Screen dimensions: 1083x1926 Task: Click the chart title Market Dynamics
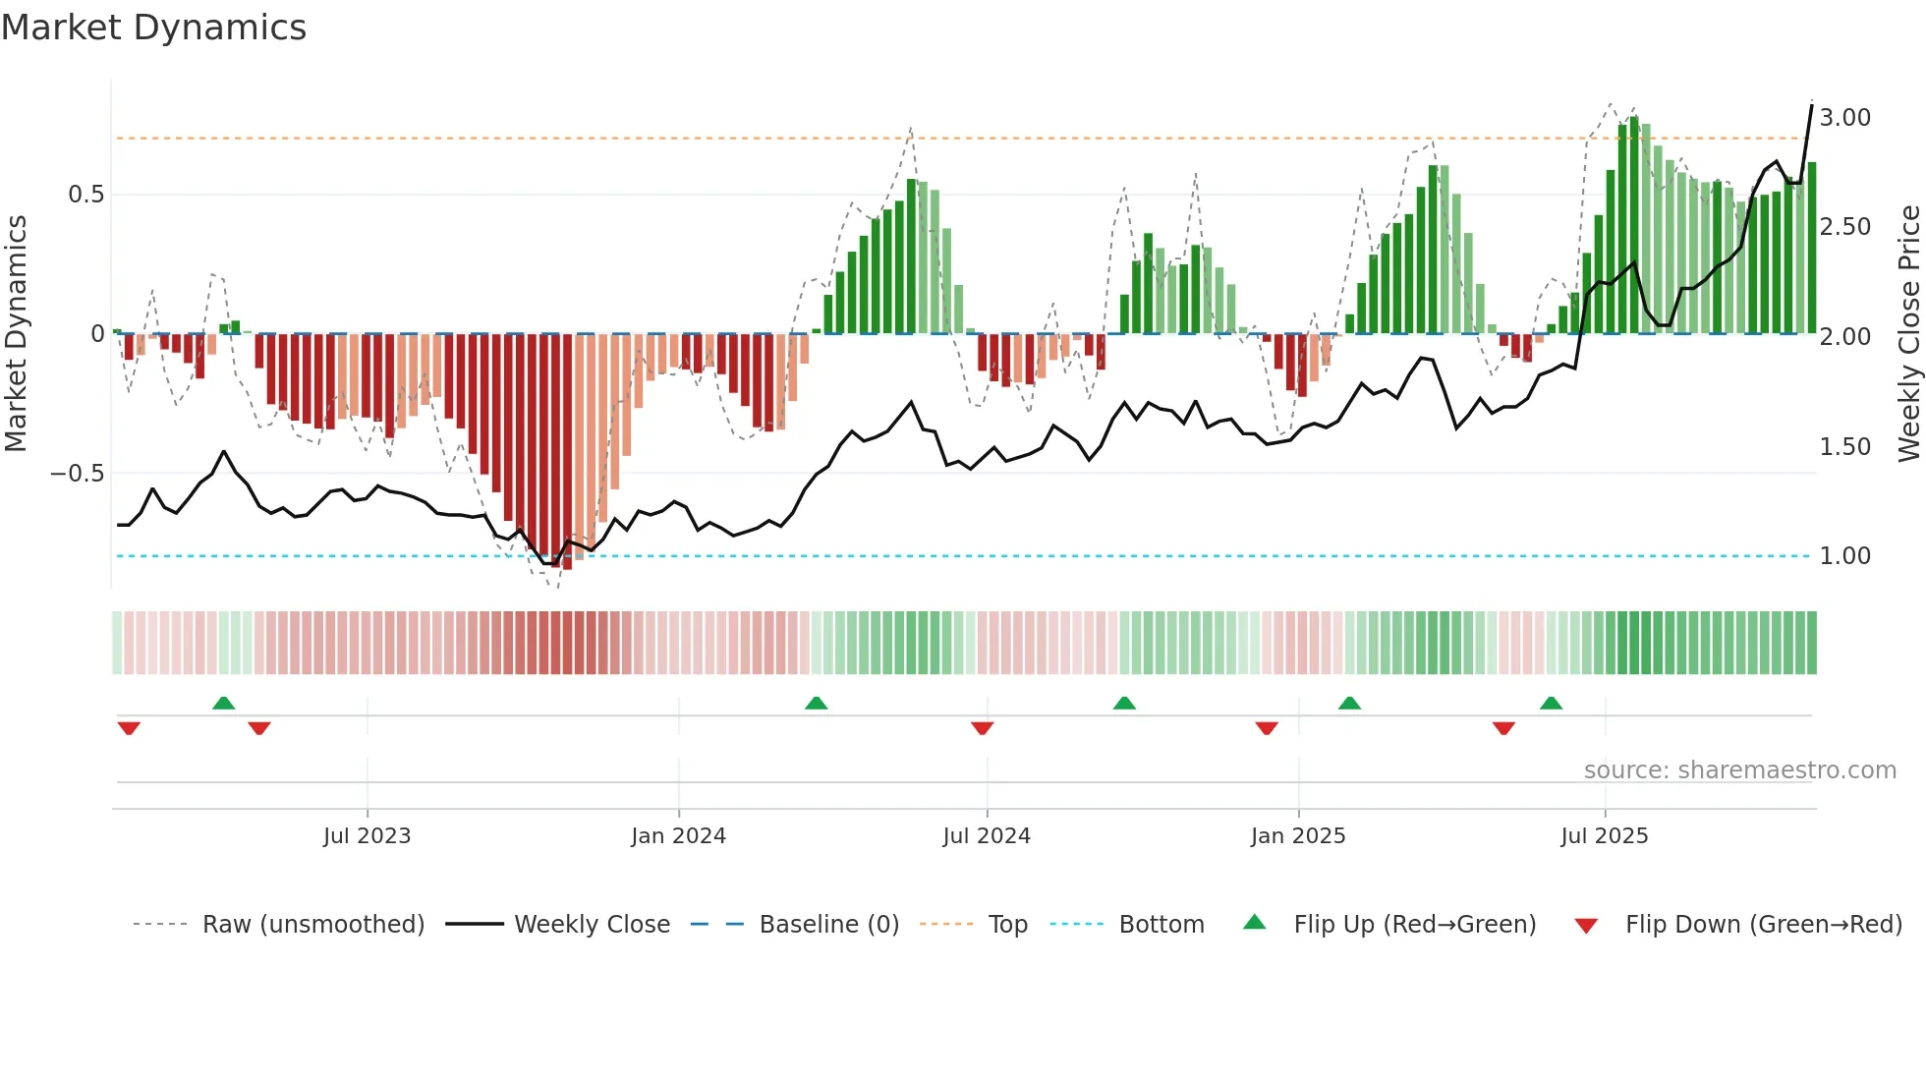click(153, 28)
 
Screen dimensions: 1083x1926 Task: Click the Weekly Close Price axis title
click(1908, 334)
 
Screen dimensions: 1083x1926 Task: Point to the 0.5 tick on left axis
click(85, 195)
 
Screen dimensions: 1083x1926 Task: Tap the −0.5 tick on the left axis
click(78, 474)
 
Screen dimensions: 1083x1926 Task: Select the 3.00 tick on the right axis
click(1844, 118)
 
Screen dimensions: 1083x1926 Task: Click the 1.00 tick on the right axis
click(1844, 556)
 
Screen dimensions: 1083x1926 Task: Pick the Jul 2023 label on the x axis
click(367, 836)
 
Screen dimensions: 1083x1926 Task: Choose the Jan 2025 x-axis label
click(1297, 836)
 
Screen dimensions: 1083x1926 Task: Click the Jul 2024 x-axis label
click(986, 836)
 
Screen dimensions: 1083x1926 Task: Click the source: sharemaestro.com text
click(1739, 770)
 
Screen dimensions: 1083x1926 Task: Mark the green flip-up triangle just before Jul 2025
click(1551, 704)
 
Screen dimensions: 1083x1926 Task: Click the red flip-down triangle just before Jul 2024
click(982, 728)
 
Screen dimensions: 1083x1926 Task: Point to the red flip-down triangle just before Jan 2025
click(1266, 728)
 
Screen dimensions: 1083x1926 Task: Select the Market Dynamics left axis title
click(16, 334)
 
